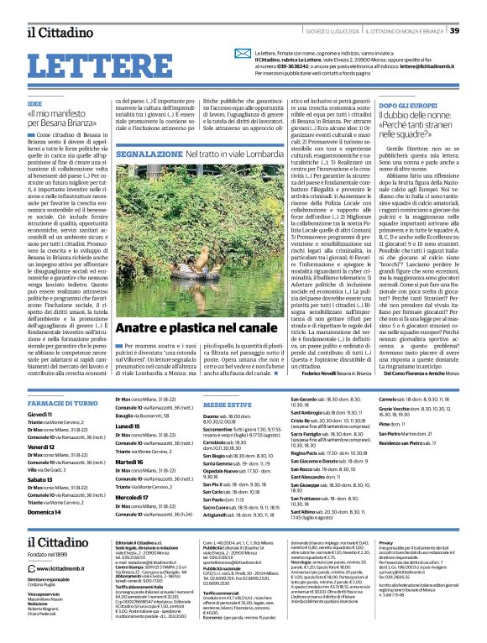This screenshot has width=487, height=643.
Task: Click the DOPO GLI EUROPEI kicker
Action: [387, 106]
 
